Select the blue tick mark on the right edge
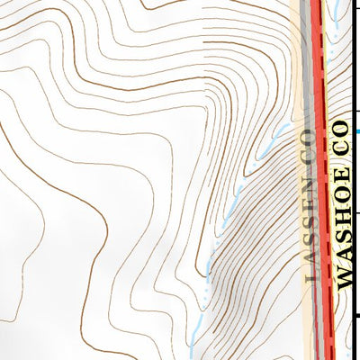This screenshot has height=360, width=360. [357, 131]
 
